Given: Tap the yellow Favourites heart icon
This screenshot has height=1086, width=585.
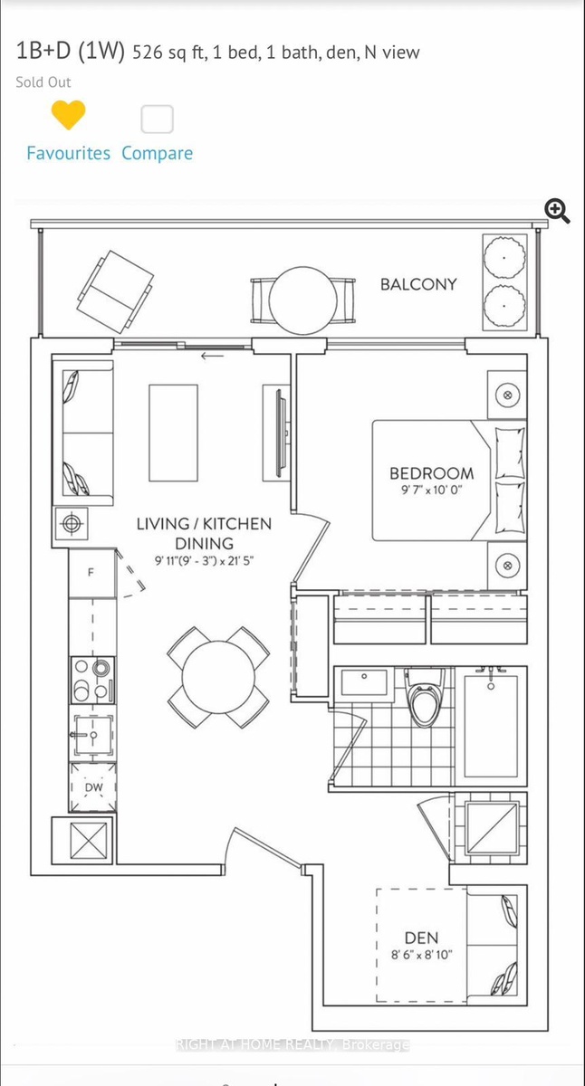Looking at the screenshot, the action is point(69,114).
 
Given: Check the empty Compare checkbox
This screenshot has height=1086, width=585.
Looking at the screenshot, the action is point(158,119).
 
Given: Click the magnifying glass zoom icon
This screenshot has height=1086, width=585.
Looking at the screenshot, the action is point(557,212).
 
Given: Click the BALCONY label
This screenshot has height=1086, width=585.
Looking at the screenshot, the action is point(418,284).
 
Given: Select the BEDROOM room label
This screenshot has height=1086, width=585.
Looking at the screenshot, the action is point(432,473).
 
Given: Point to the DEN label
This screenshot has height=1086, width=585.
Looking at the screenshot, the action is point(421,938).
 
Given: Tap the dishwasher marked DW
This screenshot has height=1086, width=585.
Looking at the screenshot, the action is point(93,787).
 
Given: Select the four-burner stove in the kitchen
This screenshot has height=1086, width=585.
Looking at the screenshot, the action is point(93,681).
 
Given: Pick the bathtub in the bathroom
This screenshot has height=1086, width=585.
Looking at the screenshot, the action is point(491,726).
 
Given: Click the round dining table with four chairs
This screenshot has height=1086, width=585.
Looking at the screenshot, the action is point(218,677).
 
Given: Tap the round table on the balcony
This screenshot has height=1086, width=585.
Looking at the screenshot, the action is point(303,300).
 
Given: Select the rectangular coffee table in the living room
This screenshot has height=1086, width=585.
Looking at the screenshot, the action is point(173,433).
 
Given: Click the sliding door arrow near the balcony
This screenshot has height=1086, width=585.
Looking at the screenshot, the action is point(213,357).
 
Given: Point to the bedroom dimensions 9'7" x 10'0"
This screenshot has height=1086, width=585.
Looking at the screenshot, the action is point(431,491).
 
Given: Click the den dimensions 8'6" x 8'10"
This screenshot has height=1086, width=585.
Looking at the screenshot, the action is point(421,955).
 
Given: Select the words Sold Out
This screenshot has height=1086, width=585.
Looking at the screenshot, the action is point(43,82).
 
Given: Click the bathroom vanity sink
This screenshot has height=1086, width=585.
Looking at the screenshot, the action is point(364,681).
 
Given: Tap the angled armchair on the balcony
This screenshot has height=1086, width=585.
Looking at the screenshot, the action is point(115,291).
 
